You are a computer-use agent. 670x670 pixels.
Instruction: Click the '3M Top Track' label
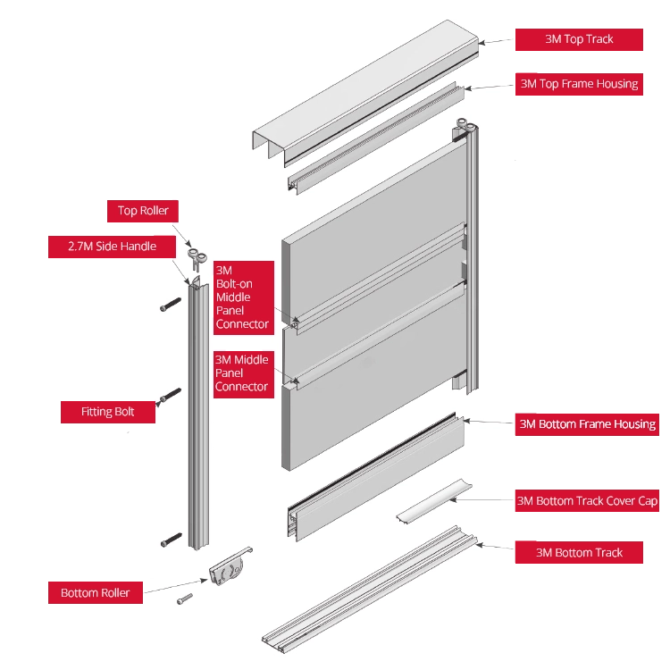579,39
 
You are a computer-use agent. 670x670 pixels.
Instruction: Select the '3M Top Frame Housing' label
579,84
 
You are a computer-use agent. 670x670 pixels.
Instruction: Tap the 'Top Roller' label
143,211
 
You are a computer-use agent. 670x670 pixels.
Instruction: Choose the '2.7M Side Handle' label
112,246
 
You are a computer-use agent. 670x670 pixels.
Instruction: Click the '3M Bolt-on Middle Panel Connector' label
242,297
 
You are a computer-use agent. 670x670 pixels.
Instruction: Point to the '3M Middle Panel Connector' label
241,373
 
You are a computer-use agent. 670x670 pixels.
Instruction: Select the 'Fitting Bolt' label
107,412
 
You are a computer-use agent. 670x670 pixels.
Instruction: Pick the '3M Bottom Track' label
579,552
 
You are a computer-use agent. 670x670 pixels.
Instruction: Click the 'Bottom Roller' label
95,592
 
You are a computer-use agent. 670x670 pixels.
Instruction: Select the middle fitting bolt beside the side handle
171,395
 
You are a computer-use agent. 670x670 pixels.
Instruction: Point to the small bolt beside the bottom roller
185,599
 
